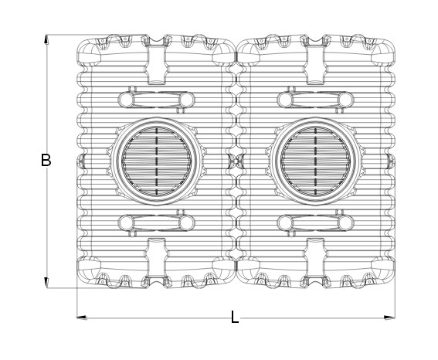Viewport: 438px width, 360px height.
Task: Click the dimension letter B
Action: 46,160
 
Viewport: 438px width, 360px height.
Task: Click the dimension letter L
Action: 235,318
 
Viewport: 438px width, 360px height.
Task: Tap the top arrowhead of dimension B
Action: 46,39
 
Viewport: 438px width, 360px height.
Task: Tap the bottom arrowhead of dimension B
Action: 46,283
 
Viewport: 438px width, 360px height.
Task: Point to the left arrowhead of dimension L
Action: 82,318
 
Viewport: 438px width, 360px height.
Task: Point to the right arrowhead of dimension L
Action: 389,318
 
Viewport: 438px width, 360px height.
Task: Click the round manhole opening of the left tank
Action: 156,161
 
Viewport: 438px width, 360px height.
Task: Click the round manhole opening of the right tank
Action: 316,161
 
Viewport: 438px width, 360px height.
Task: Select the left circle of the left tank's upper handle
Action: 126,100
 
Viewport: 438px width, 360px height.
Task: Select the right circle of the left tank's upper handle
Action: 187,100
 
